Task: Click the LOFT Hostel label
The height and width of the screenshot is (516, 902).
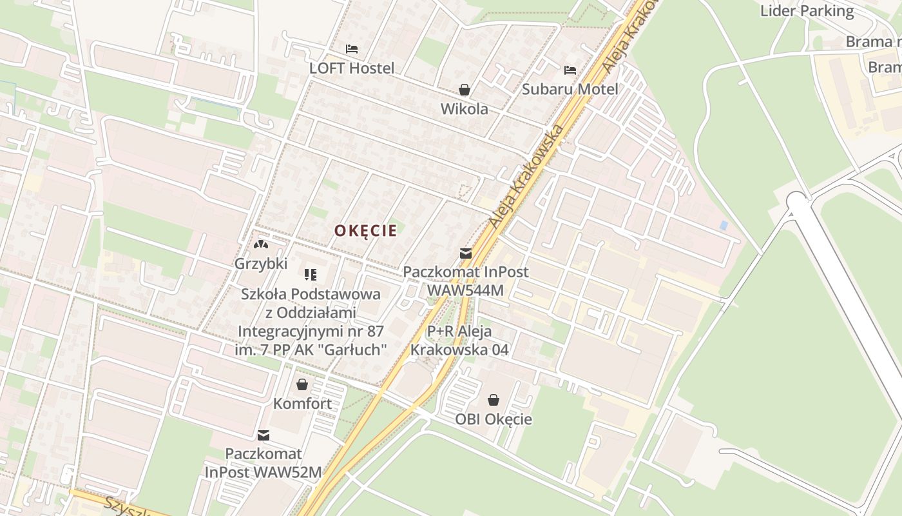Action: (x=351, y=68)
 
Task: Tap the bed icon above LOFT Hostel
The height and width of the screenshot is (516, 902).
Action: (x=351, y=49)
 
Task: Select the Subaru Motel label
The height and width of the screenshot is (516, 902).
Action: (x=570, y=89)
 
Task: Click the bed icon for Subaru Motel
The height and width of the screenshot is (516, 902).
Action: (x=570, y=70)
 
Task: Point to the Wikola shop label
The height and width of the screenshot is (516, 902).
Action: (x=464, y=109)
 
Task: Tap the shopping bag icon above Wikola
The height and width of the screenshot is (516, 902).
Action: (x=464, y=90)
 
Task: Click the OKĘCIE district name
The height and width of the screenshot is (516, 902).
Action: (x=365, y=231)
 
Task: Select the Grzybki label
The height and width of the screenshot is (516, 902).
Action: (x=260, y=264)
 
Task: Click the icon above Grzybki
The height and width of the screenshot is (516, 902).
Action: (x=260, y=245)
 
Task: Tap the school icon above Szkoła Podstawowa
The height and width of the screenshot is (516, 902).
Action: (x=311, y=275)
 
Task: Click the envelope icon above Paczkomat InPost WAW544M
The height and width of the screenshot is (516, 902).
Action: (x=465, y=253)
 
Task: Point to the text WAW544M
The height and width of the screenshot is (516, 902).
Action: (x=465, y=290)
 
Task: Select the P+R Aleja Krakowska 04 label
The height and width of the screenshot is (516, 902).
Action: (x=459, y=341)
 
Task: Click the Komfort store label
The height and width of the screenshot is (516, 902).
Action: (x=302, y=404)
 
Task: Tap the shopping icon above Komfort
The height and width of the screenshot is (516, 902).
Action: (x=302, y=385)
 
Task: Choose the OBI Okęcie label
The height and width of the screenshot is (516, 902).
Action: (x=494, y=419)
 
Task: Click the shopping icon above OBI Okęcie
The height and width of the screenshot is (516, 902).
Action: (x=494, y=401)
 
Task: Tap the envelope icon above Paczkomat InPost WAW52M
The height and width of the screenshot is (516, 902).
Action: (x=263, y=435)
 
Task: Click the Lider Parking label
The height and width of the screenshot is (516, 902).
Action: (x=807, y=11)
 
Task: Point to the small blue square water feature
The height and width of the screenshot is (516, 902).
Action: (x=724, y=226)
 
